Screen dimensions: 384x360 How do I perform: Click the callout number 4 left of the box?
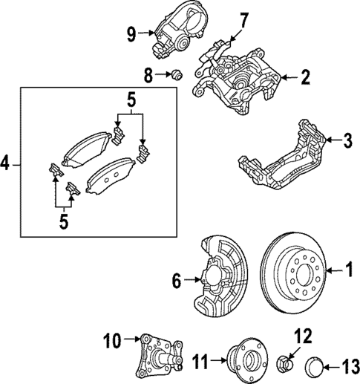(x=8, y=163)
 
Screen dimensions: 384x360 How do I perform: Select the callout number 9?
(x=131, y=33)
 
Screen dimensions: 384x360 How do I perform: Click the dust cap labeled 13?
(x=313, y=366)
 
